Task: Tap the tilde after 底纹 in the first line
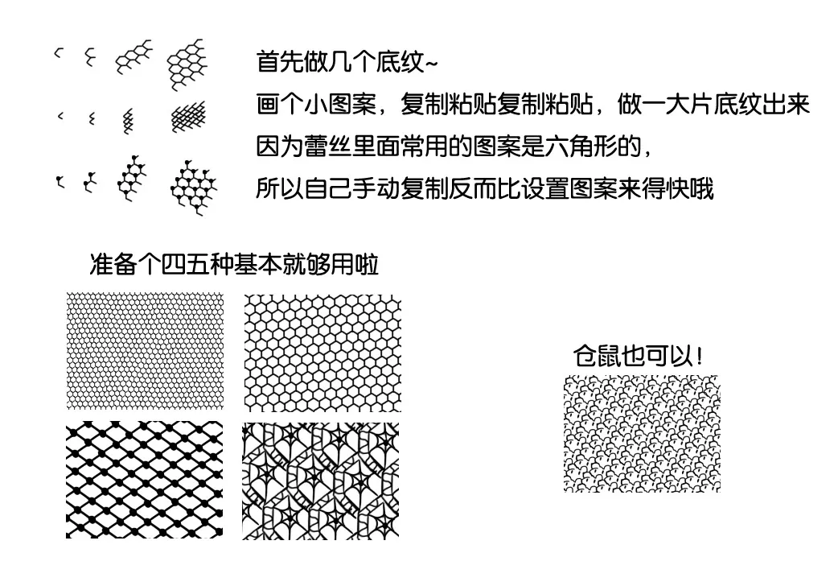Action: (x=431, y=64)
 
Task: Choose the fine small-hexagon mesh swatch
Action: (x=145, y=350)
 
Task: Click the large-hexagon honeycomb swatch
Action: (x=322, y=353)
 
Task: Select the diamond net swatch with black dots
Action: (x=144, y=480)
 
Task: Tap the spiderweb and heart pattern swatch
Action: (x=321, y=481)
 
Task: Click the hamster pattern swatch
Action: (x=642, y=434)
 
